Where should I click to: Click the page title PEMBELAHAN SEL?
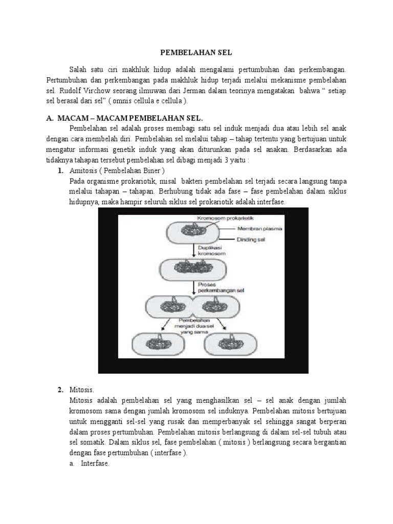[x=196, y=52]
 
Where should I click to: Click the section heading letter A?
[x=50, y=118]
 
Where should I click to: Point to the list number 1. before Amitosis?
[x=60, y=170]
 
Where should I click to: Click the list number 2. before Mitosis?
[x=60, y=390]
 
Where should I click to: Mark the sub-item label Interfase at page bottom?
[x=95, y=464]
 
